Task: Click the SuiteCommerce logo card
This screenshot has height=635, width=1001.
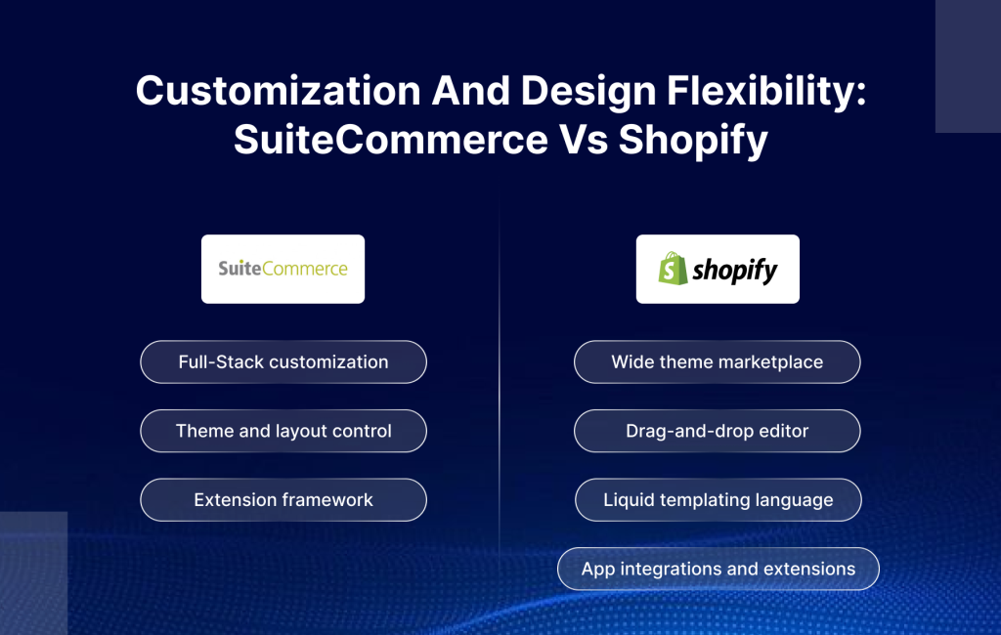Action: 283,269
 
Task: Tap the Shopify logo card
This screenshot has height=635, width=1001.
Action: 718,269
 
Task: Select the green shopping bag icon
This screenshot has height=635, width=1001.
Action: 673,269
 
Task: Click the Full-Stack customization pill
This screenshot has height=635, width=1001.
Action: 283,361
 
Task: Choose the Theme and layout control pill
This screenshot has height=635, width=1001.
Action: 283,431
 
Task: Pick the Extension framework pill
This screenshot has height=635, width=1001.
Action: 283,499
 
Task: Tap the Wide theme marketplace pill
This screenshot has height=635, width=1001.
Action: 718,361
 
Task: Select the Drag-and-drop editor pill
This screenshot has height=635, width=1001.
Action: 718,431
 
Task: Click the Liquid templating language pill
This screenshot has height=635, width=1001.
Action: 718,499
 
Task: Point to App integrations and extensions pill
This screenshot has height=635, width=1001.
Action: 718,569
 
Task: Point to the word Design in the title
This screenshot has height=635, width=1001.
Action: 587,92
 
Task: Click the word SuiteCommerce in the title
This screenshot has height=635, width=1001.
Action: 391,141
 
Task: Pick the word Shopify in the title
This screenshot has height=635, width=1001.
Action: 692,141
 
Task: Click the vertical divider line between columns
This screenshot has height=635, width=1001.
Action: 500,391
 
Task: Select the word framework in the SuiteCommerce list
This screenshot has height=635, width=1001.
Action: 324,499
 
